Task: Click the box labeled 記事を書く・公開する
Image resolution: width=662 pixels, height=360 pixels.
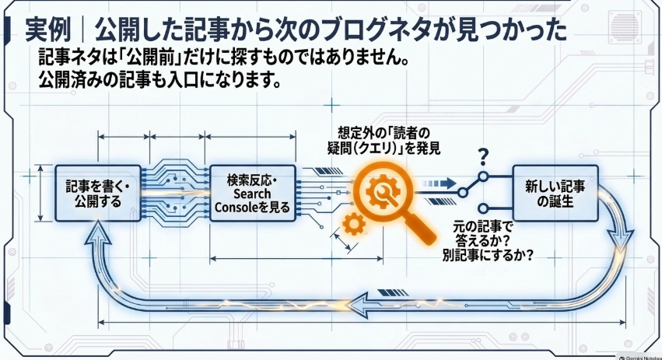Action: [98, 194]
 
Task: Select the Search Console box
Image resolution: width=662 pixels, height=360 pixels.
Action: [253, 194]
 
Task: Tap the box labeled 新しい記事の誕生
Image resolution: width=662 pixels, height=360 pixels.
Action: [555, 194]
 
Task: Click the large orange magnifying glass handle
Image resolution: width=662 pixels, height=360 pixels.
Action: [418, 227]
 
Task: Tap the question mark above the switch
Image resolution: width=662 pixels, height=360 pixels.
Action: [483, 156]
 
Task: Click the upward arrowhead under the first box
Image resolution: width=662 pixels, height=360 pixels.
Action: [98, 233]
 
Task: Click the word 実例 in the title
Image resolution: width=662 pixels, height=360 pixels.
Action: [47, 30]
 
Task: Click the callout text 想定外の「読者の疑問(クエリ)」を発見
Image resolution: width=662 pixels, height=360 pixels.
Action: [384, 141]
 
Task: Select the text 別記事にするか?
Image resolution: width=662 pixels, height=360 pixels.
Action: [488, 255]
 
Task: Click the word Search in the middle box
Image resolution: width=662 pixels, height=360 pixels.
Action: [252, 194]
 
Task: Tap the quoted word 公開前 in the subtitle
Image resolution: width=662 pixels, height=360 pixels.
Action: [154, 58]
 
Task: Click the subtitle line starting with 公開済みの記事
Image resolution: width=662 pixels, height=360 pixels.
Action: [159, 79]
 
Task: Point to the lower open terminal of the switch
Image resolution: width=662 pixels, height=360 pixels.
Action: [484, 208]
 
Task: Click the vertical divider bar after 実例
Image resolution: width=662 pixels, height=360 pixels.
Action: [82, 30]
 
